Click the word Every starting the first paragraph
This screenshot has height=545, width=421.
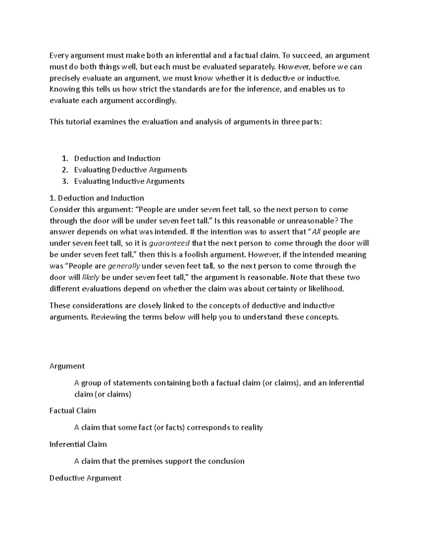(x=59, y=55)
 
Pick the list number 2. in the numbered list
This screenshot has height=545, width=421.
(x=64, y=170)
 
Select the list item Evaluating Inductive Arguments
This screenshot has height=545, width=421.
(x=129, y=181)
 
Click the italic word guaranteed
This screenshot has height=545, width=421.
(x=169, y=244)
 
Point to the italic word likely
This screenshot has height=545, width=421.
(x=91, y=278)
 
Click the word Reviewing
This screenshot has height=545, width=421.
(x=109, y=317)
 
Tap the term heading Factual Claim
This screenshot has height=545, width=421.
(x=73, y=411)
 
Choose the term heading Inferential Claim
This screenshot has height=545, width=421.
(x=78, y=444)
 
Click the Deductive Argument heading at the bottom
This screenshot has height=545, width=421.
(x=85, y=478)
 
